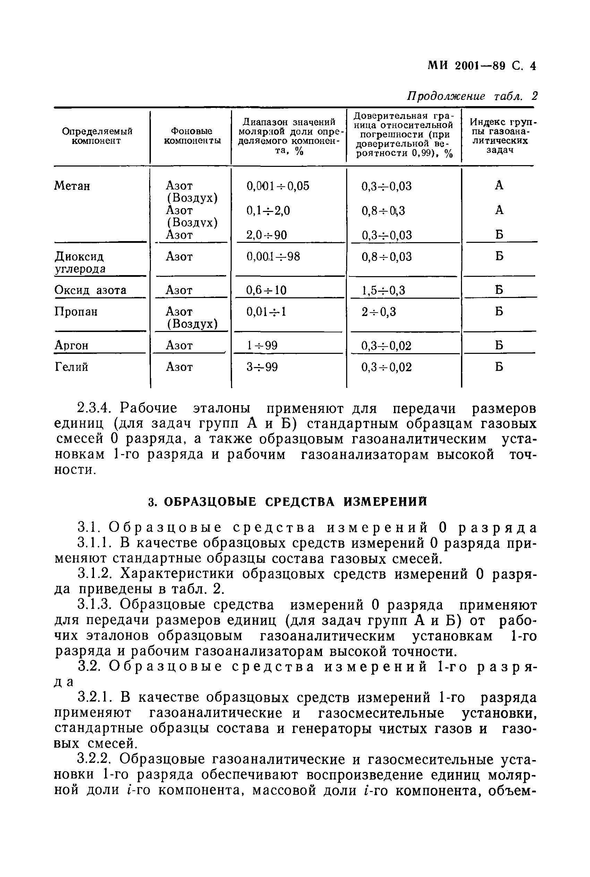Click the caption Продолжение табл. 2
pos(472,96)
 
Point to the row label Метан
pos(72,186)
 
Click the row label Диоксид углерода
pos(80,263)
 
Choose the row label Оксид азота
pos(90,290)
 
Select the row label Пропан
pos(76,312)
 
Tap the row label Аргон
pos(71,346)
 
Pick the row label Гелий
pos(71,367)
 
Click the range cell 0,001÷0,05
pos(278,186)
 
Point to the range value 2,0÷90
pos(266,235)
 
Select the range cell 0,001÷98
pos(273,257)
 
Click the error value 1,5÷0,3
pos(383,290)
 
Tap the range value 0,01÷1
pos(266,312)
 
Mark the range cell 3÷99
pos(262,367)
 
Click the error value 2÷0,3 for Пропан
pos(378,312)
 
